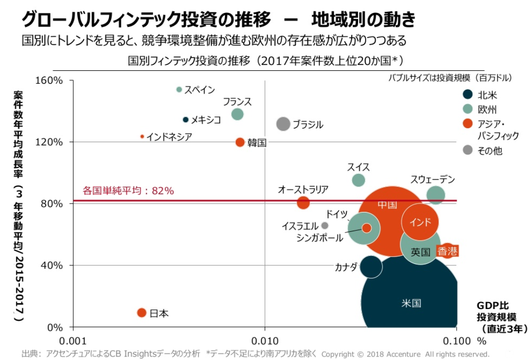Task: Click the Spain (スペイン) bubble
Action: point(179,90)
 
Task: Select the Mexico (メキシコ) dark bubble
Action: point(186,120)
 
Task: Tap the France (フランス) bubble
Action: point(237,114)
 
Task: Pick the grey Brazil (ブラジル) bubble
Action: point(283,124)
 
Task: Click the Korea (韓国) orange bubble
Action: point(240,143)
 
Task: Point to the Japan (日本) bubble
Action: point(142,313)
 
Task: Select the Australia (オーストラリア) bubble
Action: point(303,203)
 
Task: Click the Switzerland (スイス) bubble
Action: point(359,180)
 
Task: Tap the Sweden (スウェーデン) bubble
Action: point(436,195)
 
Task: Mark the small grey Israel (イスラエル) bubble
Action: point(325,225)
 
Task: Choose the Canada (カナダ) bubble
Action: point(371,266)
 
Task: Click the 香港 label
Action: point(447,251)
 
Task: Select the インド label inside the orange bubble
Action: point(420,222)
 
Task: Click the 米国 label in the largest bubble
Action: point(411,303)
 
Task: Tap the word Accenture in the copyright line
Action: point(403,354)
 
